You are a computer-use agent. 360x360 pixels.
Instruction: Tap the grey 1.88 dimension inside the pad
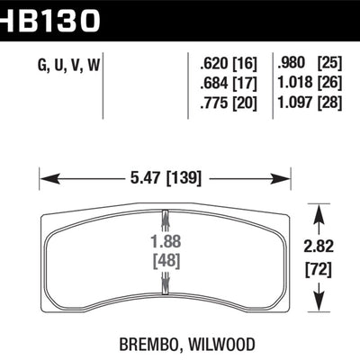pyautogui.click(x=163, y=239)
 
